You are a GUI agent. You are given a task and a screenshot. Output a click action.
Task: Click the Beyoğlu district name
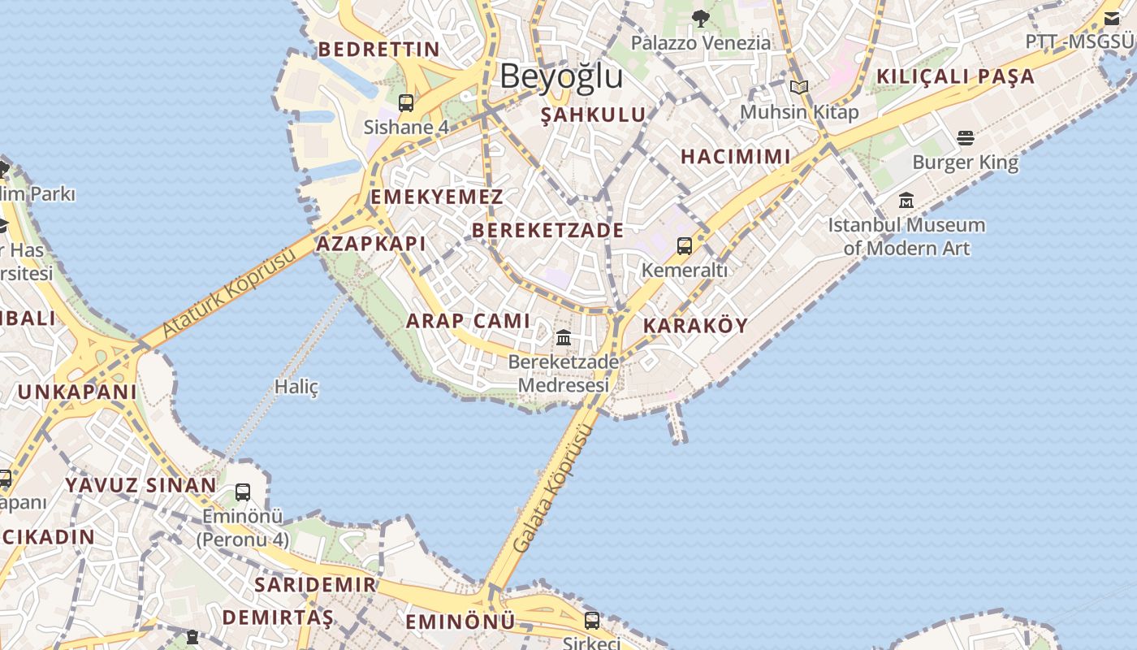point(561,76)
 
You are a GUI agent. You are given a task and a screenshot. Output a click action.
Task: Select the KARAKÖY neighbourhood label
point(695,326)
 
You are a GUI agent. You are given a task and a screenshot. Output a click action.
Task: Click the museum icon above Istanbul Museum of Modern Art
point(906,200)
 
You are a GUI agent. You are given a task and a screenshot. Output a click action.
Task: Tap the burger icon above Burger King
point(965,137)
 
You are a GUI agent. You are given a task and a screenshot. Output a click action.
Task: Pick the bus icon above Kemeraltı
point(685,245)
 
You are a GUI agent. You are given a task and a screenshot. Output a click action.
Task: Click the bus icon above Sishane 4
point(406,103)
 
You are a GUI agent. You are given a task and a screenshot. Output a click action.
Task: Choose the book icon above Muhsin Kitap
point(799,87)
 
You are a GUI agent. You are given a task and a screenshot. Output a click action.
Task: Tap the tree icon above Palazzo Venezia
point(700,18)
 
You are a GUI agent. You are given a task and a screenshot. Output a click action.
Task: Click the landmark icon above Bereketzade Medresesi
point(564,337)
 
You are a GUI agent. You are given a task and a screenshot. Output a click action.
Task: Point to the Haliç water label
point(296,387)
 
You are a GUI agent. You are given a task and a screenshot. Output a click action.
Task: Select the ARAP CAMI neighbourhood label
point(468,321)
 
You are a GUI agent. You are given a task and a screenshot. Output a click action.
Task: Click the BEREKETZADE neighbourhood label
point(548,231)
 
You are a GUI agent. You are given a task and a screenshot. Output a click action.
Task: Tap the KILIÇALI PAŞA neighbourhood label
point(955,77)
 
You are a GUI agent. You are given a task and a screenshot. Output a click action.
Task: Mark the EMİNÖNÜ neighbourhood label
point(460,622)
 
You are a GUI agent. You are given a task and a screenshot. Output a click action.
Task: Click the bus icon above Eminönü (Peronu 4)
point(242,492)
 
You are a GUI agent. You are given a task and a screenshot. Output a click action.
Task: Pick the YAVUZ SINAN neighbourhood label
point(141,486)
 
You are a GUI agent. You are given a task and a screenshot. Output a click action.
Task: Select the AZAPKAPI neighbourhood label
point(370,244)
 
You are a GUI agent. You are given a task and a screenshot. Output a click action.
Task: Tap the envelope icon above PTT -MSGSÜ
point(1111,18)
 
